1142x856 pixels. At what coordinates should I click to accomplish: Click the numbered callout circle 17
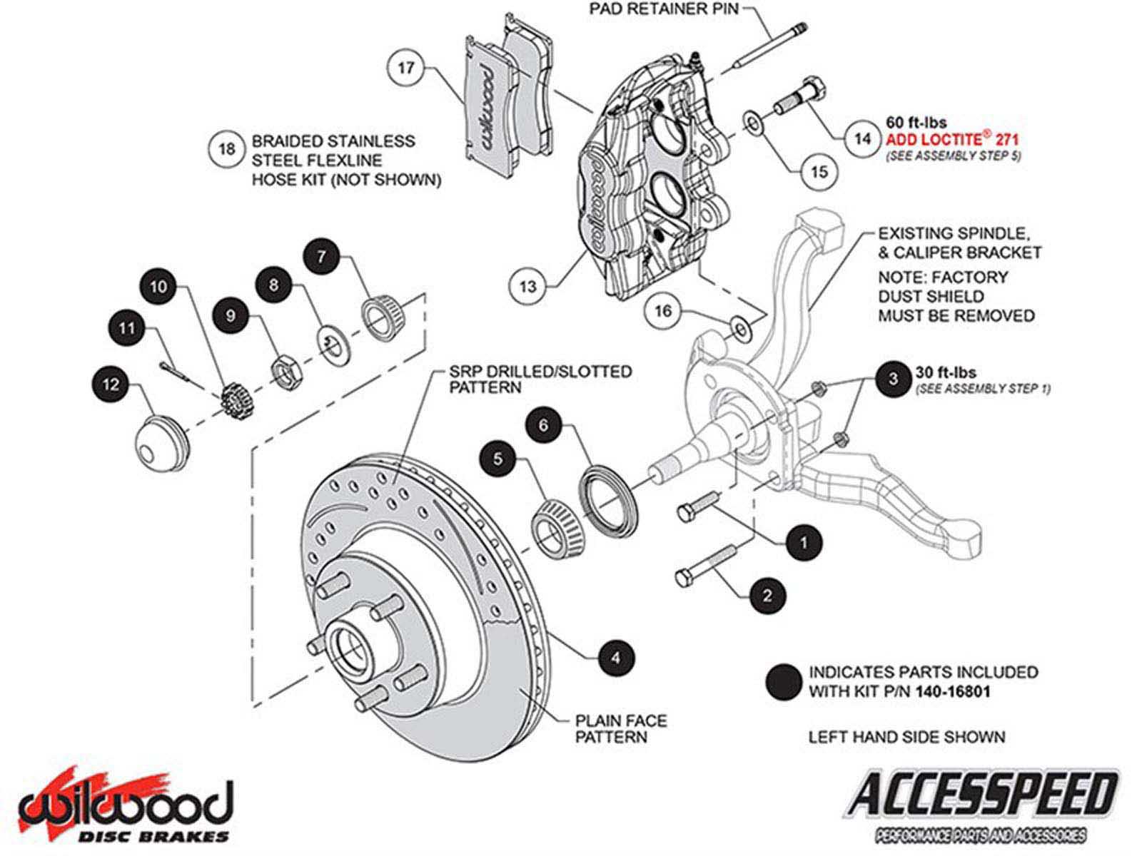[406, 68]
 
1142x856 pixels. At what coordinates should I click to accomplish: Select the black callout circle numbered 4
[616, 658]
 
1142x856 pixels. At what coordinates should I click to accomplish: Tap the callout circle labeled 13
[527, 286]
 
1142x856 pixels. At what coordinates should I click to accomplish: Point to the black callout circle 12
[111, 385]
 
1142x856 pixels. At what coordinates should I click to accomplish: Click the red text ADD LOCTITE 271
[951, 141]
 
